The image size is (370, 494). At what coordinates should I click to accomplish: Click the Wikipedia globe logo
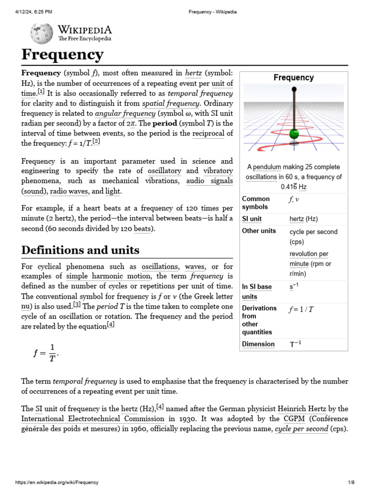click(41, 33)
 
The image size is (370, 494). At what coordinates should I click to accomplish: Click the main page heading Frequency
click(62, 55)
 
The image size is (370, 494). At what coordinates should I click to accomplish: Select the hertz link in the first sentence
click(193, 73)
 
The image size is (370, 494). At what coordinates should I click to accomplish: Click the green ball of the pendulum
click(293, 134)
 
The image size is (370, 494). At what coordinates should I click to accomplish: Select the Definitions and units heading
click(80, 250)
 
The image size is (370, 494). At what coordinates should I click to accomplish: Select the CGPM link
click(294, 419)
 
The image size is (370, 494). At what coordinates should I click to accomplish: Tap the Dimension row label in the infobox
click(258, 344)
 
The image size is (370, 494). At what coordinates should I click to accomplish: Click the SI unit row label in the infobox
click(252, 219)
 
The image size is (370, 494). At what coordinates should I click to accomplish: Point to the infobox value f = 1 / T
click(302, 309)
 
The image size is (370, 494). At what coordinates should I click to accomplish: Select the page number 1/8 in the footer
click(351, 482)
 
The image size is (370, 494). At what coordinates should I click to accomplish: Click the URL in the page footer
click(57, 482)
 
